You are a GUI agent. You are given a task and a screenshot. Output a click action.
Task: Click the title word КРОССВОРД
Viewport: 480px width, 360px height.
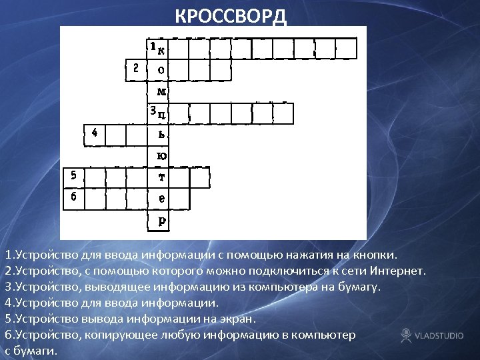pos(231,16)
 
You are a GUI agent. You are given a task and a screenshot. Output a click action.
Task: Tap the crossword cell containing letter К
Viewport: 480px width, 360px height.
pos(159,49)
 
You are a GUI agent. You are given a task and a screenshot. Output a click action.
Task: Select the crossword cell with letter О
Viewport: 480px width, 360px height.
pos(159,69)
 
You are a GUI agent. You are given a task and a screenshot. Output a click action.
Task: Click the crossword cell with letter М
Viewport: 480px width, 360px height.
pos(159,91)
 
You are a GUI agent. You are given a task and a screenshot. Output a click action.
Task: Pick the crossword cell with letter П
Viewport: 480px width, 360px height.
pos(159,113)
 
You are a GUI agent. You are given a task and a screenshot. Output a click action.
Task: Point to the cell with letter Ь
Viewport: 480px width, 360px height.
pos(159,134)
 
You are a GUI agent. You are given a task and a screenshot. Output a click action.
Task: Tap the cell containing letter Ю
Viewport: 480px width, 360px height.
pos(159,155)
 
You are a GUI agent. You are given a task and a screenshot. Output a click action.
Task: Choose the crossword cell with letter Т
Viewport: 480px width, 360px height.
pos(159,177)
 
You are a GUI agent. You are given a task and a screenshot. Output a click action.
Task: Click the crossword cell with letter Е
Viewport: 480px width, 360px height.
pos(159,199)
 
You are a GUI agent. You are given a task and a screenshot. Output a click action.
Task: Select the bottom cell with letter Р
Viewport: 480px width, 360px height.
pos(159,220)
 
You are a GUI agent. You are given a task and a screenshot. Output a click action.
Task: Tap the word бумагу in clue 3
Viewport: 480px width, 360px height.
pos(359,287)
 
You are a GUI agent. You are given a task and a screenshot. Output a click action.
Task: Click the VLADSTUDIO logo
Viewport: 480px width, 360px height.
pos(432,335)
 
